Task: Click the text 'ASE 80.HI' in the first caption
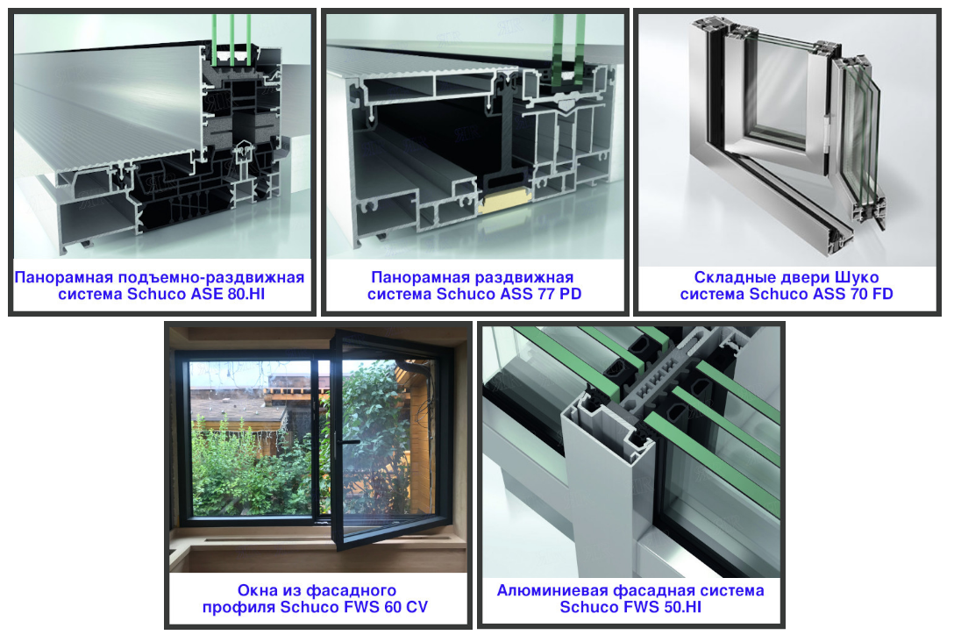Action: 229,294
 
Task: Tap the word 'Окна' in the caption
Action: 256,590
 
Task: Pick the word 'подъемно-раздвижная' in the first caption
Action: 211,278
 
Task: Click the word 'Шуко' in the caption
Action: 857,277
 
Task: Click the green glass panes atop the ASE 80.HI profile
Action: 231,39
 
